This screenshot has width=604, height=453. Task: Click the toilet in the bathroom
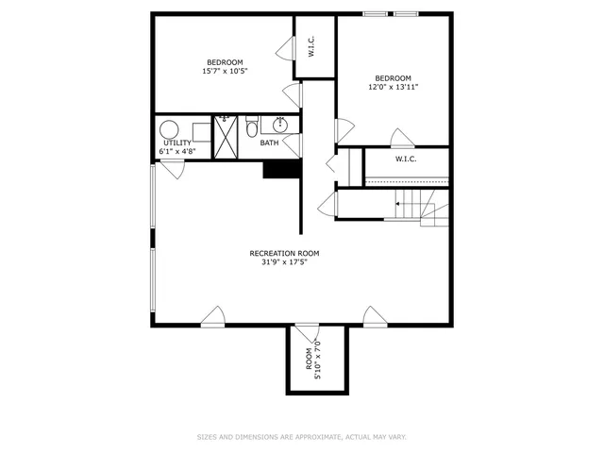[x=252, y=127]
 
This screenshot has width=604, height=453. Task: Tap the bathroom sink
[x=281, y=125]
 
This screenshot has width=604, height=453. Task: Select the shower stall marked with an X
[x=226, y=138]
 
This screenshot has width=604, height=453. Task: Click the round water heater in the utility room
[x=171, y=129]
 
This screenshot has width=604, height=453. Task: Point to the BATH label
[x=270, y=143]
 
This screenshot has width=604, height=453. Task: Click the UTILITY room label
[x=177, y=143]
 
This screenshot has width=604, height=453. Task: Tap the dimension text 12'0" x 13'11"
[x=393, y=87]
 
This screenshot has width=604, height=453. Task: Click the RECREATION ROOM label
[x=284, y=253]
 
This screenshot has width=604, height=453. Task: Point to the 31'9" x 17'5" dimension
[x=284, y=262]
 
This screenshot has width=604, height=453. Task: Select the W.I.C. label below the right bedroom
[x=405, y=159]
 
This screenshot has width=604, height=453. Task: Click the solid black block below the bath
[x=280, y=169]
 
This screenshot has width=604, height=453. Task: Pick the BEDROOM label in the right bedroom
[x=393, y=77]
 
